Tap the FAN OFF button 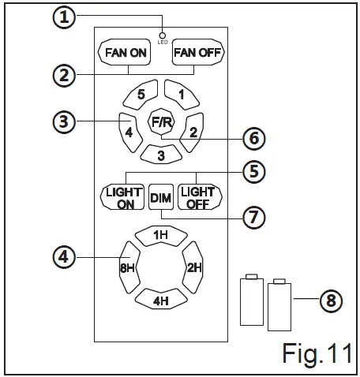coord(199,53)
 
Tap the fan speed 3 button coord(160,154)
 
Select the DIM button coord(161,196)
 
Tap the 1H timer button coord(160,234)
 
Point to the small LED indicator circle coord(161,35)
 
